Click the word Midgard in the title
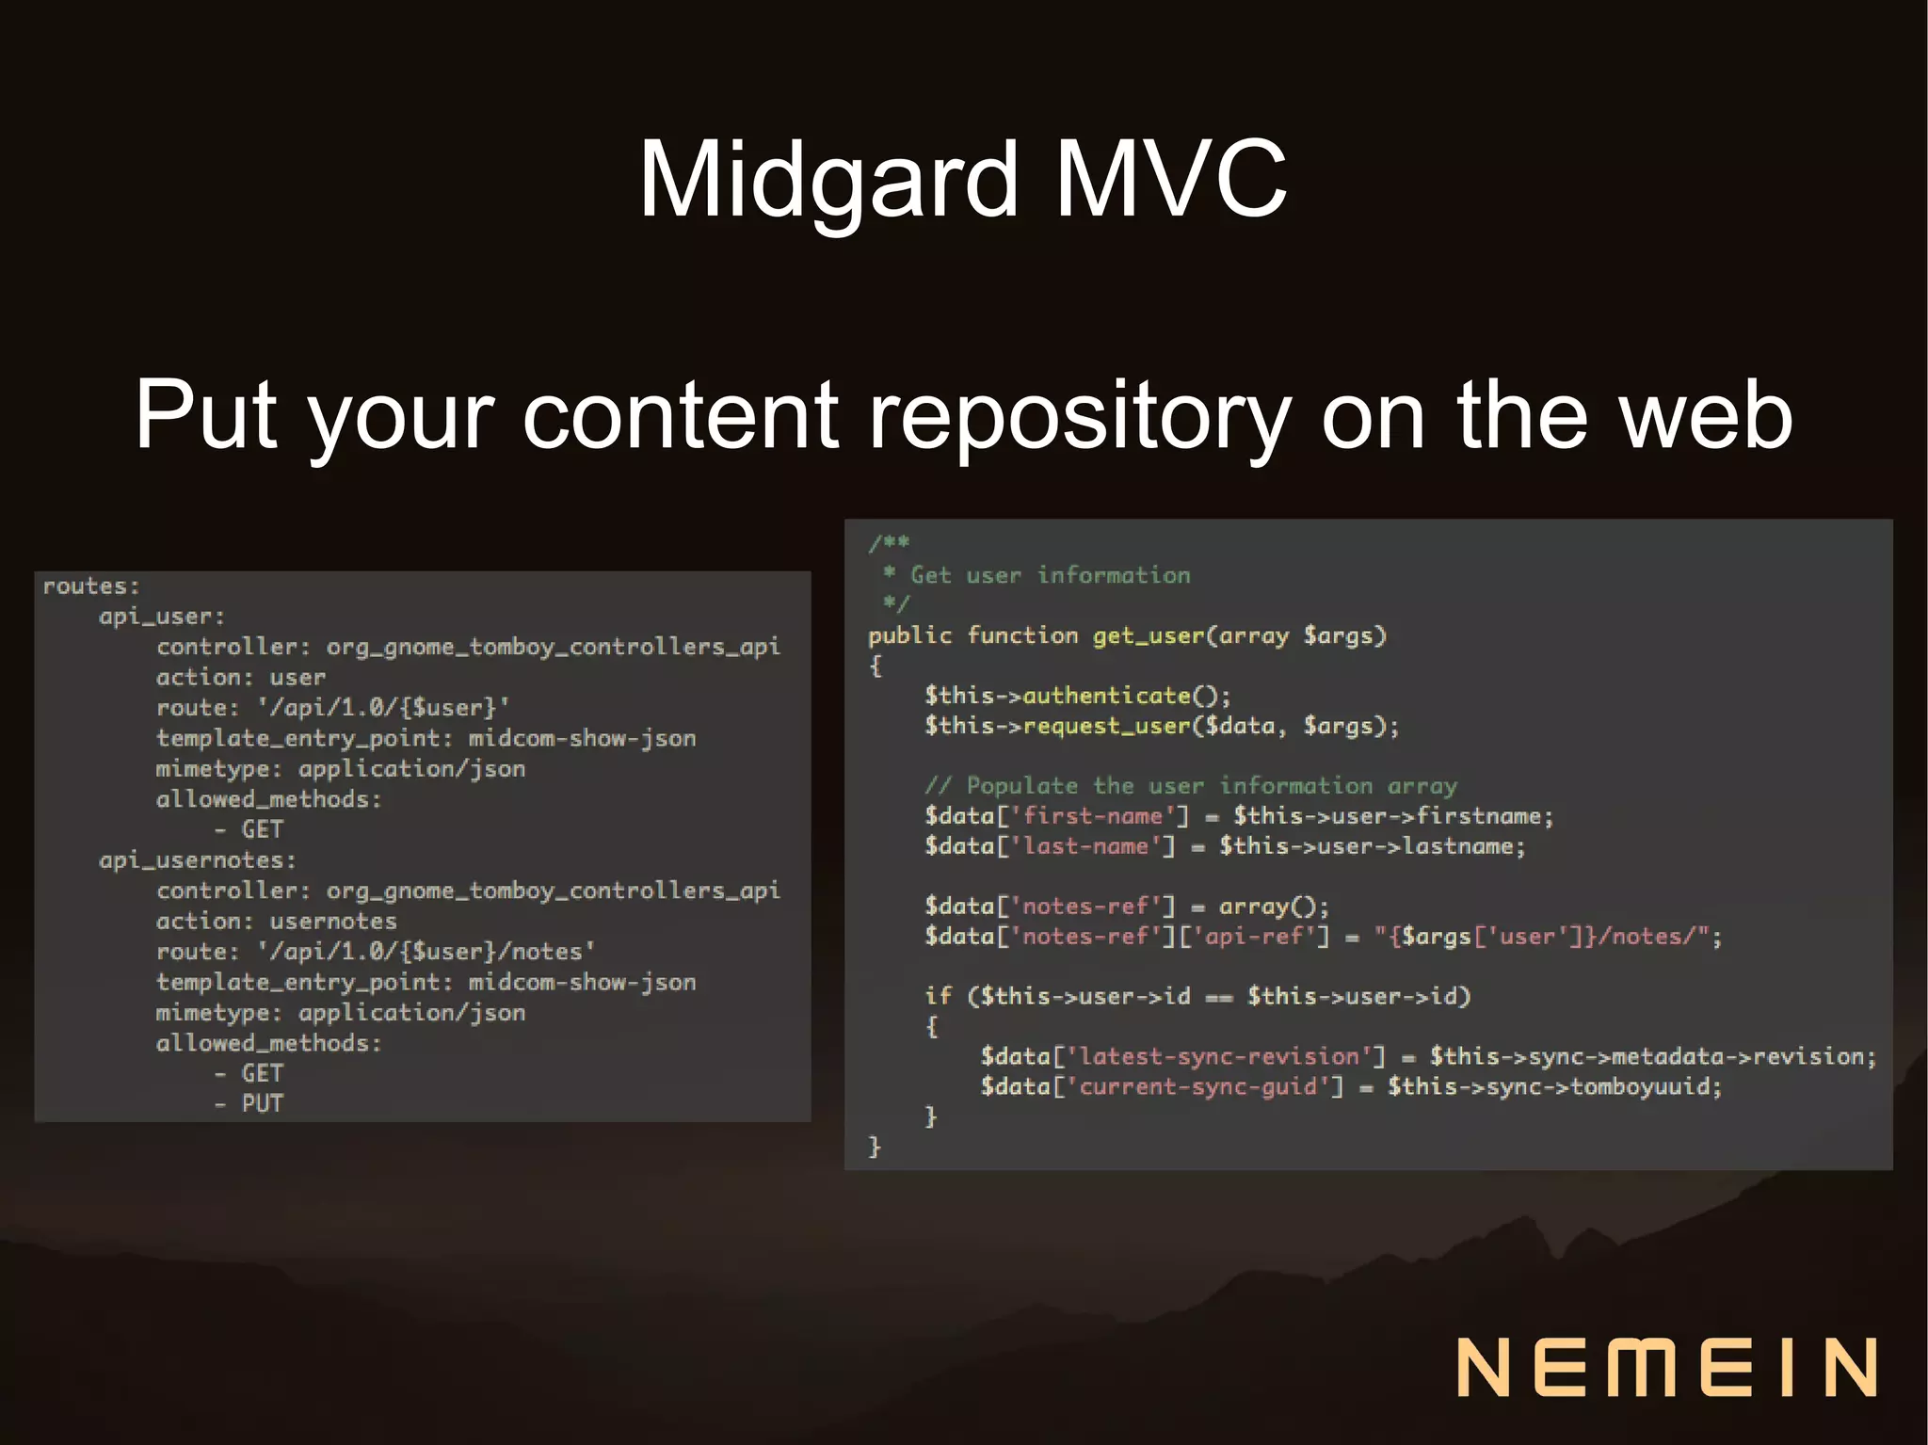click(x=828, y=179)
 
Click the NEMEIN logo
click(x=1667, y=1366)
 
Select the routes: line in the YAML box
click(x=91, y=586)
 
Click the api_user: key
click(x=162, y=617)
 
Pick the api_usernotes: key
click(x=198, y=859)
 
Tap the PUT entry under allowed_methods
click(x=262, y=1103)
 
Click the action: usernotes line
click(x=276, y=921)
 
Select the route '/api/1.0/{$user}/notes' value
click(x=426, y=952)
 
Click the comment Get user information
click(x=1050, y=575)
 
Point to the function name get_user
click(x=1148, y=635)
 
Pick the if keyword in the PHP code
click(x=938, y=996)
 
